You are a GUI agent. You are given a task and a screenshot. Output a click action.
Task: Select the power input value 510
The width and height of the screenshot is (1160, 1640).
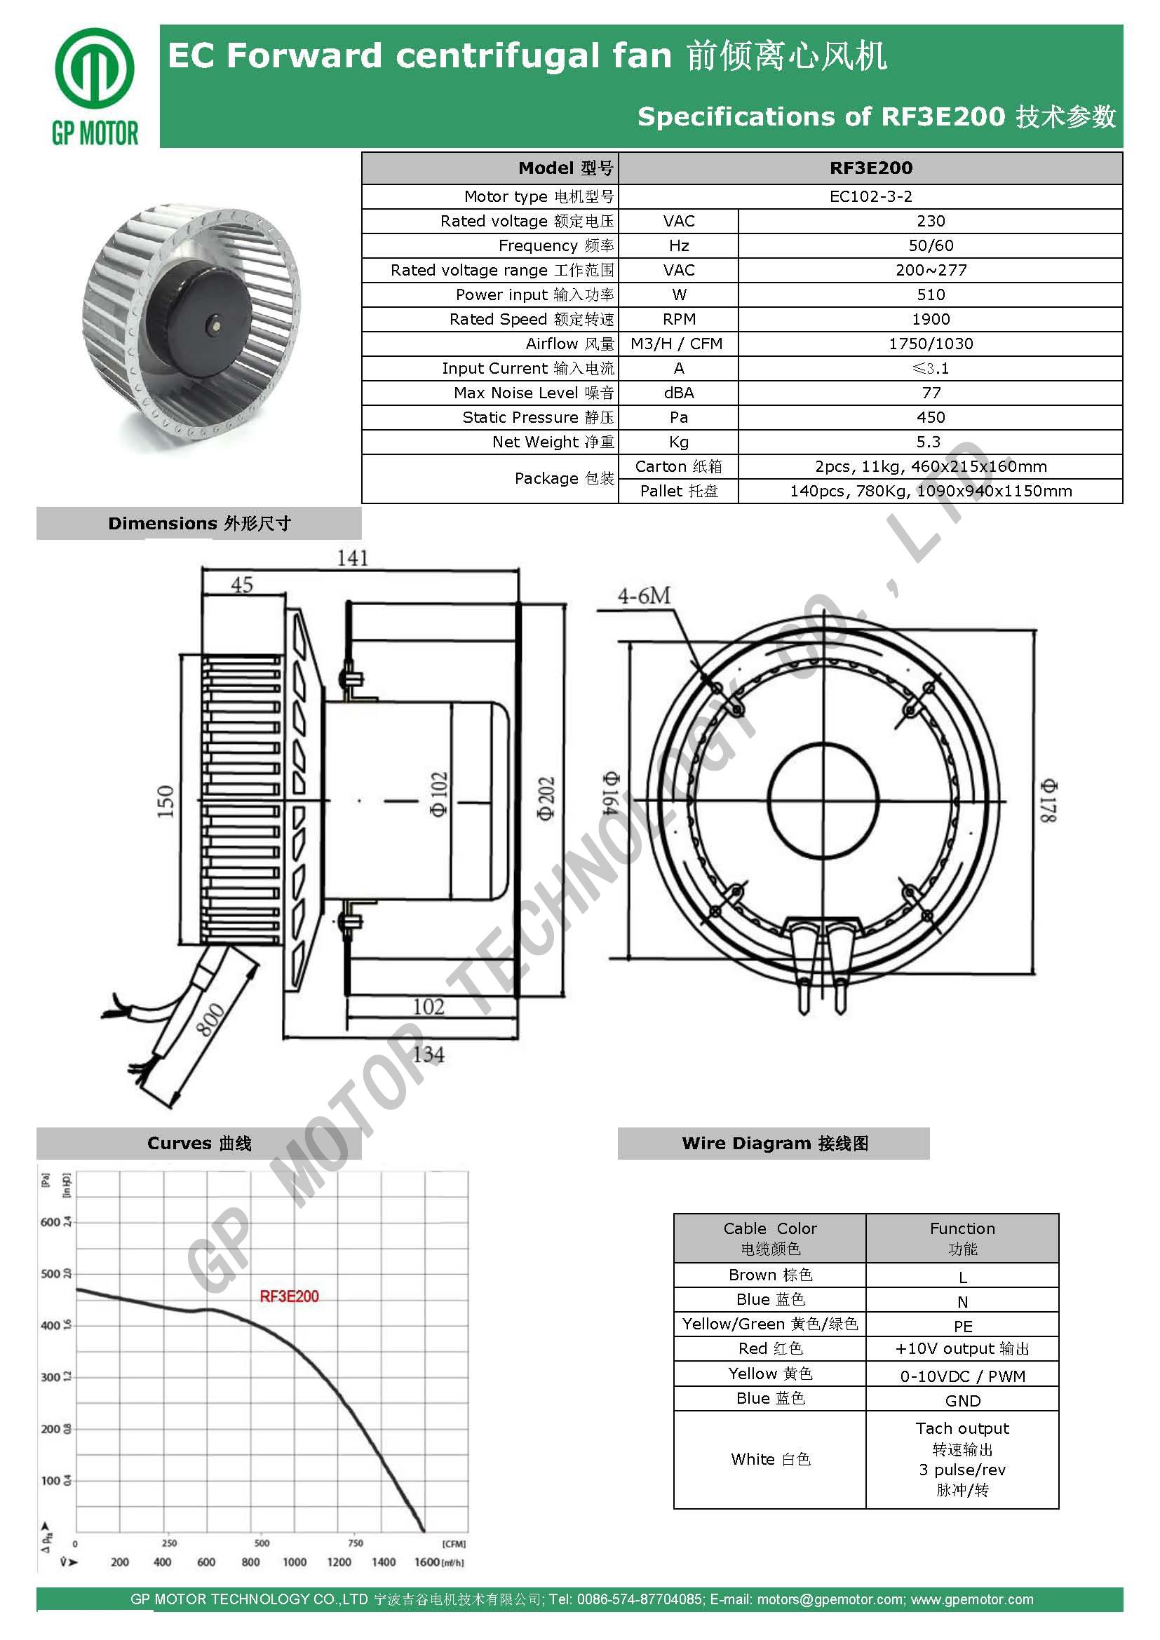[x=930, y=294]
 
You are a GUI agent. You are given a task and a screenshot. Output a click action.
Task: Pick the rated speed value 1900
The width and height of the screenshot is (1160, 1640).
[x=930, y=319]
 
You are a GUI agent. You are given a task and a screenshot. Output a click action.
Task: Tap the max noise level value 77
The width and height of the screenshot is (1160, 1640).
[x=931, y=393]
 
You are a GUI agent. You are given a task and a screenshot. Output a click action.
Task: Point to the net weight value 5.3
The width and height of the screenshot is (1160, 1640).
[x=930, y=442]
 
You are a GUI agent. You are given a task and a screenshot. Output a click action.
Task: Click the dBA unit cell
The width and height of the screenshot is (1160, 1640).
[x=679, y=393]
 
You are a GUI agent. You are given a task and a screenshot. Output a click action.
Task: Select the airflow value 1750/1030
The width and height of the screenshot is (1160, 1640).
[x=930, y=344]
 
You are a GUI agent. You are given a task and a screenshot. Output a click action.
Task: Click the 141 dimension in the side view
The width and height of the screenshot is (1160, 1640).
[x=353, y=558]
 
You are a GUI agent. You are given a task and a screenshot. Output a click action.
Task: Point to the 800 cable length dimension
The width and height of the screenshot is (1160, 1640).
[x=210, y=1019]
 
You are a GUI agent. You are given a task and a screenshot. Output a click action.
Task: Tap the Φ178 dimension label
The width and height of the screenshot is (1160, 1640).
[x=1048, y=800]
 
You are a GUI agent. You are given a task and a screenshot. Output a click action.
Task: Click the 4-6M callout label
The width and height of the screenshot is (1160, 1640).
[x=645, y=595]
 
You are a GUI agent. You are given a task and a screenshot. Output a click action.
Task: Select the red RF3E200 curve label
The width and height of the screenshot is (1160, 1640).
[x=288, y=1296]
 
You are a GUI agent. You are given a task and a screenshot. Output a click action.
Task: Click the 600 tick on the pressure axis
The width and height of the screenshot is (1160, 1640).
[x=50, y=1222]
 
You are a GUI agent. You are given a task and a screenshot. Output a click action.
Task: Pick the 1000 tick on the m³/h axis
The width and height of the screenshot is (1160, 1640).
[x=295, y=1562]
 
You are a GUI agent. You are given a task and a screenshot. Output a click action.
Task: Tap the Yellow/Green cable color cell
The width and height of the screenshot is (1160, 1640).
[x=769, y=1324]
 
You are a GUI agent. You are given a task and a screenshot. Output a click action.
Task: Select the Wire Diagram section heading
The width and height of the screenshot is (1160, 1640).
[x=774, y=1143]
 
